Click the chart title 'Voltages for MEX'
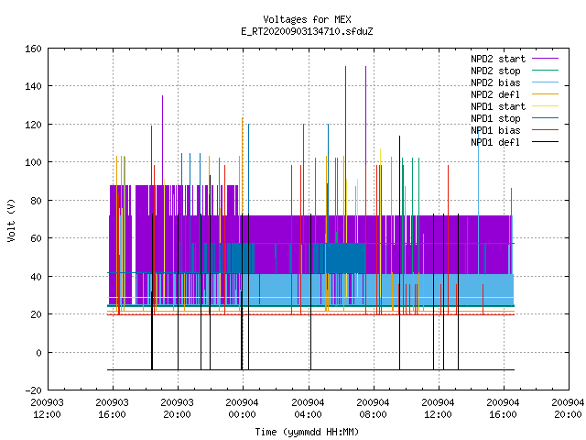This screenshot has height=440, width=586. click(307, 19)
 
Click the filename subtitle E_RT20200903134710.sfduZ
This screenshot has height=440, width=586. click(307, 31)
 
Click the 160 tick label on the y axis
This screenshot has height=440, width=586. click(33, 49)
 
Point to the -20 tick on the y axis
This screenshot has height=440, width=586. click(33, 390)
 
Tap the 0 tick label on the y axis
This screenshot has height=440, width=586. click(38, 352)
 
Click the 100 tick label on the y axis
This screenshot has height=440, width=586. click(33, 162)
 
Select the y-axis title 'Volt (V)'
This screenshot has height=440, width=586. click(12, 220)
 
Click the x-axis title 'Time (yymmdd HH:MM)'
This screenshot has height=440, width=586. click(307, 432)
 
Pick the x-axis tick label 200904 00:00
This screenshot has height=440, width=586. click(242, 409)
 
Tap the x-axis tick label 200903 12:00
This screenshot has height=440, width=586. click(47, 409)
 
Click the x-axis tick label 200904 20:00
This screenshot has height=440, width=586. click(568, 409)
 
